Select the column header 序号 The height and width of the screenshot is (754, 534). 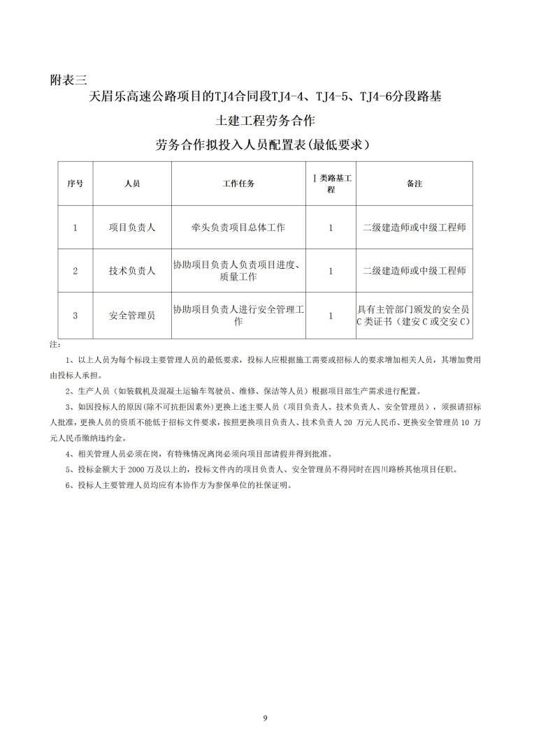pyautogui.click(x=75, y=184)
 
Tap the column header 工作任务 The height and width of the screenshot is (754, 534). pyautogui.click(x=238, y=184)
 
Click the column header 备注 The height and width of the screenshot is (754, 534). pyautogui.click(x=414, y=184)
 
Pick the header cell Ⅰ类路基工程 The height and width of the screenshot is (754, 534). pyautogui.click(x=331, y=184)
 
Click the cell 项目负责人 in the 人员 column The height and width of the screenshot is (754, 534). pyautogui.click(x=131, y=228)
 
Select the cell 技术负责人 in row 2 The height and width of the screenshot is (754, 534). pyautogui.click(x=131, y=271)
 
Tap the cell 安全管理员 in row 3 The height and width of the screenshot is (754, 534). pyautogui.click(x=131, y=315)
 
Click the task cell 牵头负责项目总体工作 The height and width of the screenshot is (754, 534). pyautogui.click(x=238, y=228)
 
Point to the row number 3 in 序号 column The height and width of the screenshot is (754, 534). pyautogui.click(x=75, y=315)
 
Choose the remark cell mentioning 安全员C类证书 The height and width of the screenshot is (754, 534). pyautogui.click(x=414, y=315)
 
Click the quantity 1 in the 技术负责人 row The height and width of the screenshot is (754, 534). pyautogui.click(x=331, y=271)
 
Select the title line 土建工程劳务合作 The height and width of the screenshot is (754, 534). pyautogui.click(x=266, y=121)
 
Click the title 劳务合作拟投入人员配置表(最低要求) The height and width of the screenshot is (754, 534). pyautogui.click(x=266, y=145)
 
